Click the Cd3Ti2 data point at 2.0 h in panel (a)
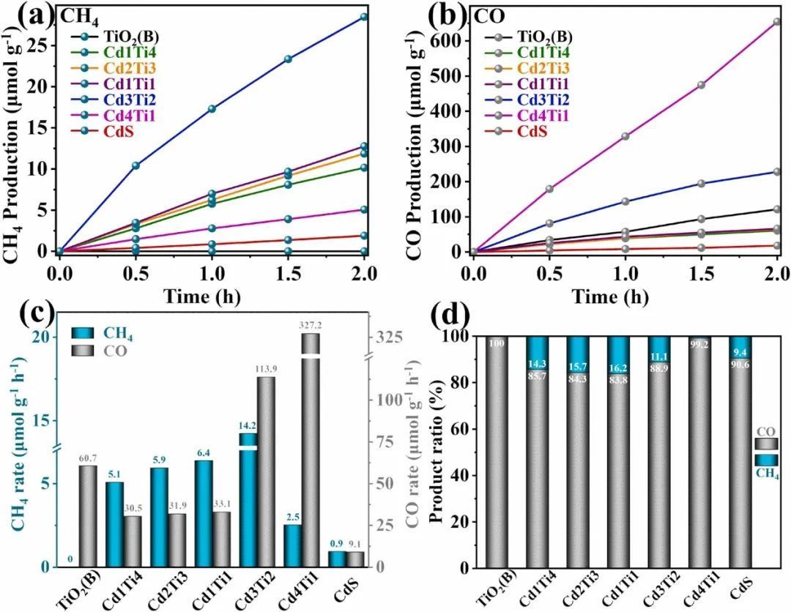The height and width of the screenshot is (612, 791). [x=365, y=16]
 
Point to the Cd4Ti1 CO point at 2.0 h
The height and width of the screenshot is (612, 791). [x=776, y=21]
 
